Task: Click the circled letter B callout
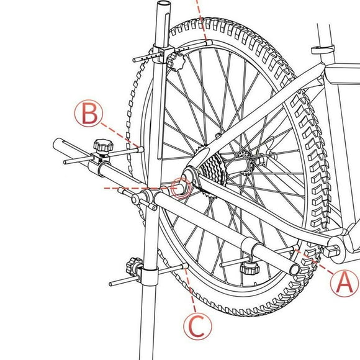pyautogui.click(x=89, y=114)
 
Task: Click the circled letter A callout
pyautogui.click(x=344, y=283)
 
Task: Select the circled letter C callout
pyautogui.click(x=197, y=326)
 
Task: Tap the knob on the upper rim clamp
pyautogui.click(x=176, y=61)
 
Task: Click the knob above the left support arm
pyautogui.click(x=103, y=146)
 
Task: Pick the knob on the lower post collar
pyautogui.click(x=133, y=266)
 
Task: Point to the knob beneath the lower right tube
pyautogui.click(x=250, y=268)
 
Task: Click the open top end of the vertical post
pyautogui.click(x=163, y=4)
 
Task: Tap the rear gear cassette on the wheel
pyautogui.click(x=212, y=169)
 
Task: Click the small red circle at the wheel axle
pyautogui.click(x=181, y=188)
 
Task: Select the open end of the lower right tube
pyautogui.click(x=295, y=269)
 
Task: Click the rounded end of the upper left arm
pyautogui.click(x=57, y=144)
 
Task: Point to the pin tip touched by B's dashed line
pyautogui.click(x=140, y=150)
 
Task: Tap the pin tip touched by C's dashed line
pyautogui.click(x=185, y=266)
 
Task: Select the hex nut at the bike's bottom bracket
pyautogui.click(x=331, y=251)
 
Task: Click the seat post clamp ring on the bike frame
pyautogui.click(x=323, y=50)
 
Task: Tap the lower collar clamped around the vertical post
pyautogui.click(x=149, y=276)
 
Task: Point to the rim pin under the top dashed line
pyautogui.click(x=209, y=43)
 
